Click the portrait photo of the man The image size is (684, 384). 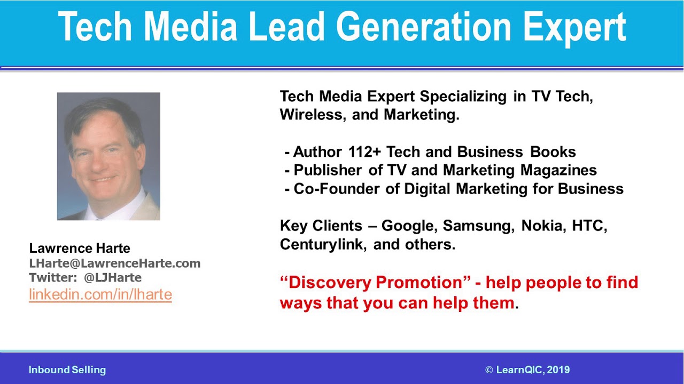(108, 156)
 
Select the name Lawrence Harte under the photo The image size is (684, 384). (80, 248)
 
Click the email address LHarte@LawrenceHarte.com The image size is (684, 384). (115, 263)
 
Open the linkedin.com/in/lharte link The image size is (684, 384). (100, 294)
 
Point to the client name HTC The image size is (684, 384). (589, 226)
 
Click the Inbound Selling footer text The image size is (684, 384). (67, 370)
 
